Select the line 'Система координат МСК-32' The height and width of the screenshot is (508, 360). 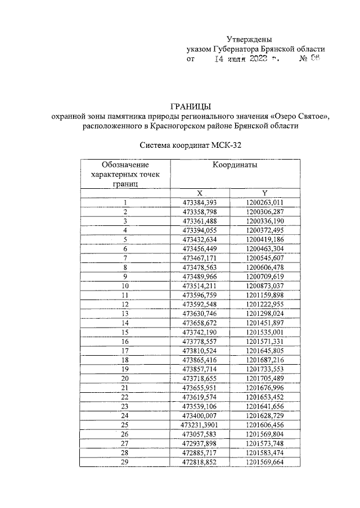point(191,145)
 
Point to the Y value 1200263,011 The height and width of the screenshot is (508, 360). point(264,203)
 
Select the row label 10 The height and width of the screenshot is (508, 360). point(125,285)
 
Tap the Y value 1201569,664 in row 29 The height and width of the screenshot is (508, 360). point(264,461)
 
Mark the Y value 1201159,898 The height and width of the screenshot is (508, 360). point(264,295)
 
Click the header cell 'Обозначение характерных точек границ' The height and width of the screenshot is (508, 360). point(125,174)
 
